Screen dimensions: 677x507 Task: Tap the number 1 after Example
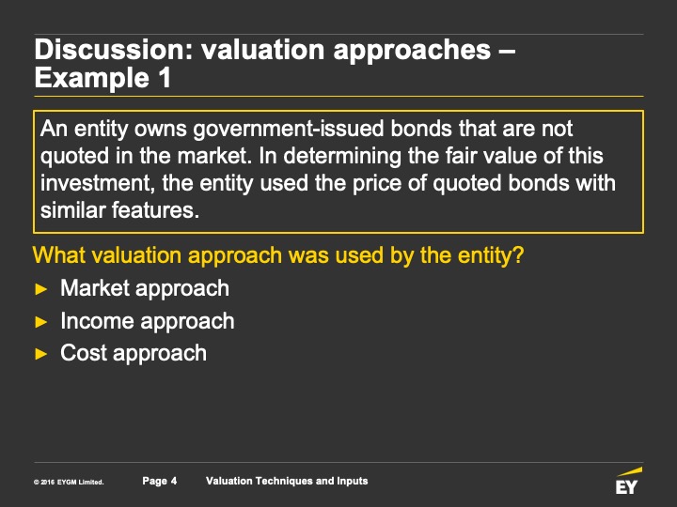pos(165,78)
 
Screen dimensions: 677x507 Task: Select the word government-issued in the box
pos(289,130)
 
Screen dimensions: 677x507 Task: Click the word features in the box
pos(155,210)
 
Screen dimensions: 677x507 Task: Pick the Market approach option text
pos(145,288)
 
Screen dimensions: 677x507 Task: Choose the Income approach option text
pos(148,322)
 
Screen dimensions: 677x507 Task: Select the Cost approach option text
pos(134,354)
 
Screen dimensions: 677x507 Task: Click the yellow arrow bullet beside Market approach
pos(41,289)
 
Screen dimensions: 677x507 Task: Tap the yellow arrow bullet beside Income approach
pos(41,322)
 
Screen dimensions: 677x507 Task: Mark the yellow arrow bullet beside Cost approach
pos(41,354)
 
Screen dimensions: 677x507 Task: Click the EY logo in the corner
pos(628,481)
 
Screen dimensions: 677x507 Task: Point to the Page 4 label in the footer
pos(160,481)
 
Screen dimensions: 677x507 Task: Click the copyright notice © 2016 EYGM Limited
pos(69,482)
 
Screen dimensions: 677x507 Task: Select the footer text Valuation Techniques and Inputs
pos(287,481)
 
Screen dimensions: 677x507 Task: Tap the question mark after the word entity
pos(518,255)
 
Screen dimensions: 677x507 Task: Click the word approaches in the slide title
pos(412,51)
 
